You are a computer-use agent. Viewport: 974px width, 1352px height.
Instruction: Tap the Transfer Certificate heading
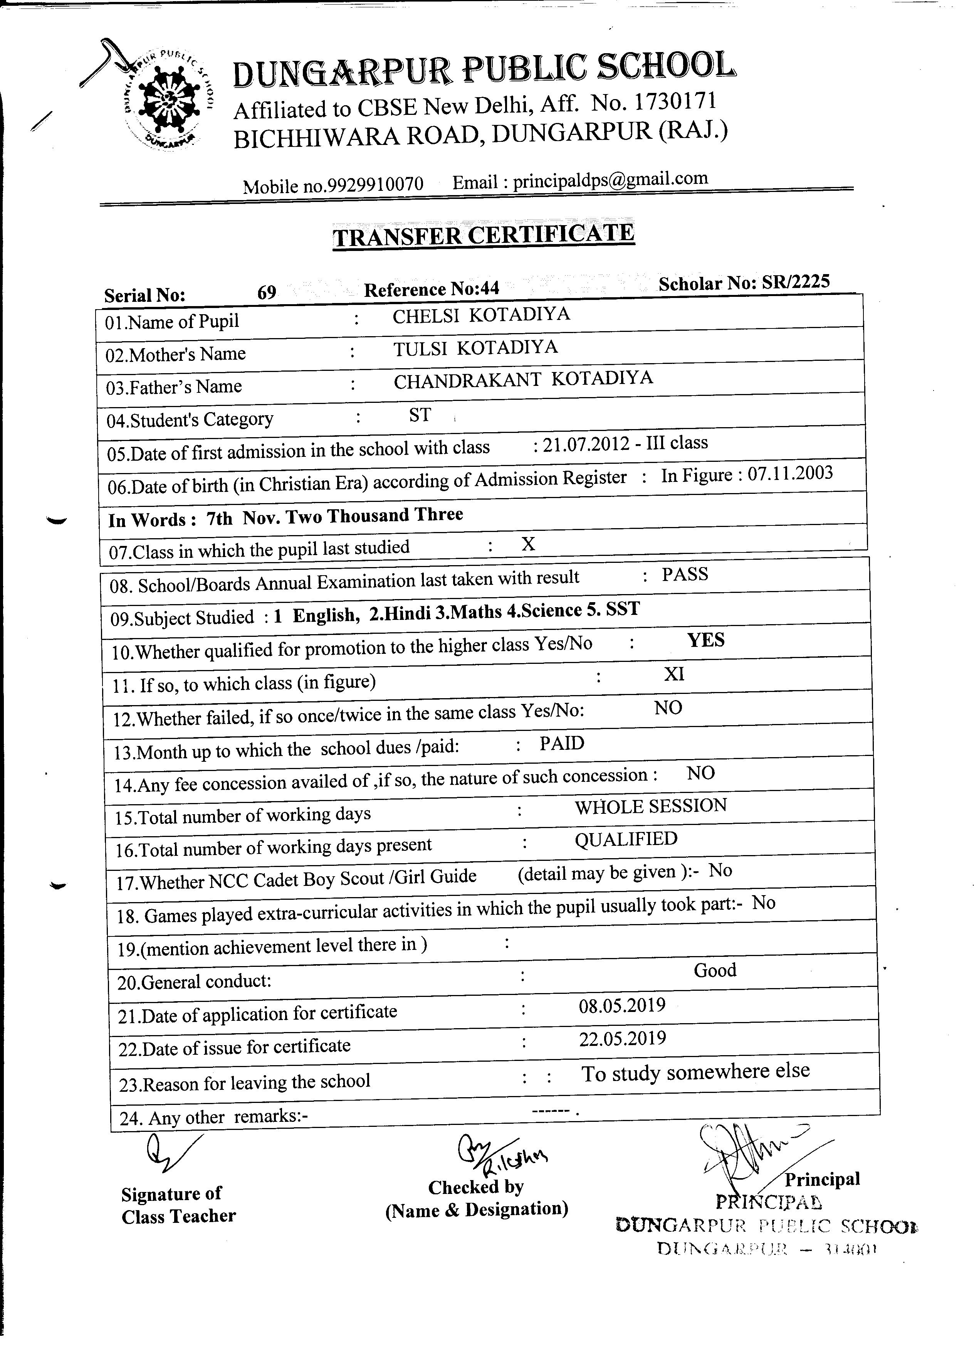pos(483,235)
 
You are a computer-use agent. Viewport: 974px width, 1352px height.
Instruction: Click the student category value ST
pos(420,415)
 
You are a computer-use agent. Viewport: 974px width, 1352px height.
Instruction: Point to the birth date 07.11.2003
pos(789,474)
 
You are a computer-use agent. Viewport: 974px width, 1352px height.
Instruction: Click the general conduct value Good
pos(715,970)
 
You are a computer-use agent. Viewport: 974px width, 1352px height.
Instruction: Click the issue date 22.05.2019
pos(622,1039)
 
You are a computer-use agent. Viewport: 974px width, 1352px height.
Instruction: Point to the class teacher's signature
pos(170,1152)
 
